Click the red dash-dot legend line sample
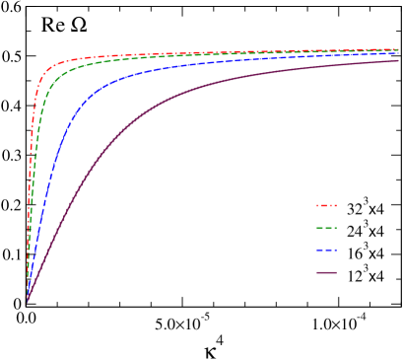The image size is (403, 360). click(326, 205)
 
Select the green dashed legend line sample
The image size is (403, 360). click(326, 228)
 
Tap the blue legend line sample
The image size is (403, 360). click(326, 250)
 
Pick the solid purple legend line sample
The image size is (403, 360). click(326, 272)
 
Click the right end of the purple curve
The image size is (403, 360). click(398, 61)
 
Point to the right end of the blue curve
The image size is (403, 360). click(398, 52)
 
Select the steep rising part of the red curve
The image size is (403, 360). click(31, 158)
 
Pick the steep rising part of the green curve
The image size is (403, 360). click(34, 178)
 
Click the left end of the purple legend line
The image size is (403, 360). click(317, 272)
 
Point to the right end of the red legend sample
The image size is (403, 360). click(336, 205)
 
